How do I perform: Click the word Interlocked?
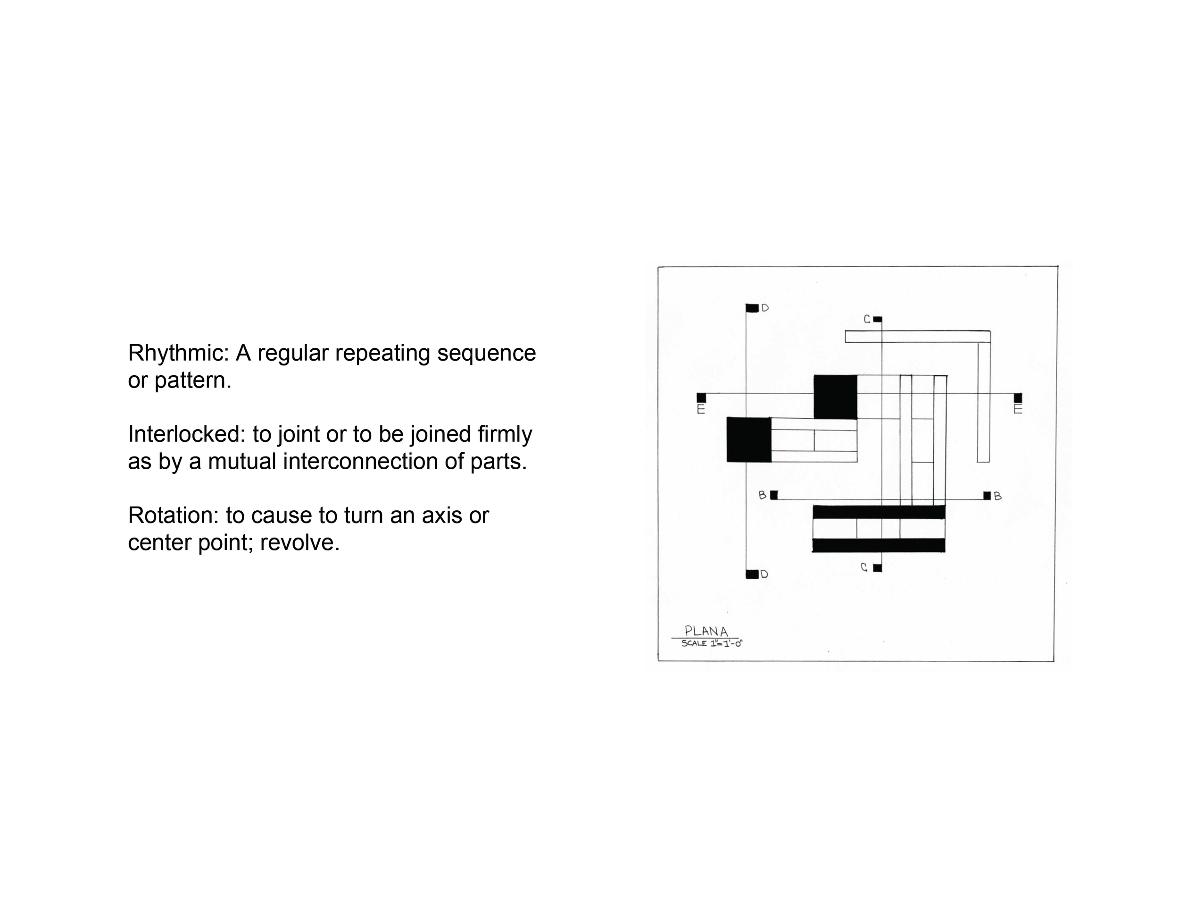click(x=187, y=434)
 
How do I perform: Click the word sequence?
click(x=486, y=354)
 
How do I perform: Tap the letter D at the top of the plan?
click(x=765, y=308)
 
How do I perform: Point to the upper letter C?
click(x=867, y=319)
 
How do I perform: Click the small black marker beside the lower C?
click(x=877, y=568)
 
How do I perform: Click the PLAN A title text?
click(x=706, y=631)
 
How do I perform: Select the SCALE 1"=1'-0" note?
click(x=712, y=643)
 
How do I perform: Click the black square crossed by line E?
click(x=835, y=397)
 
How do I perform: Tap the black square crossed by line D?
click(x=749, y=439)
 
